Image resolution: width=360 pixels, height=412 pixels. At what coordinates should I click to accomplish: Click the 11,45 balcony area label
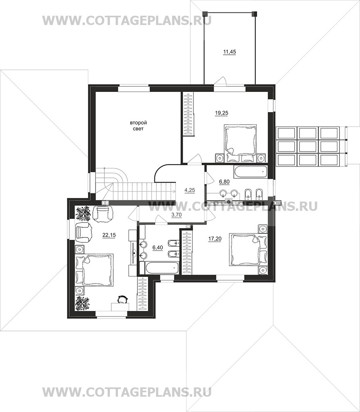pyautogui.click(x=229, y=52)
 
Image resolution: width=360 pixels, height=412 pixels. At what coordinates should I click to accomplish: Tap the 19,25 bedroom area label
pyautogui.click(x=221, y=113)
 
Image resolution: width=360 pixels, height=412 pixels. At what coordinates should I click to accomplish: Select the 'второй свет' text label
pyautogui.click(x=138, y=126)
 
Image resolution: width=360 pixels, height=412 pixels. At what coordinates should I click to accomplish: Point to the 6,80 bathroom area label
pyautogui.click(x=224, y=181)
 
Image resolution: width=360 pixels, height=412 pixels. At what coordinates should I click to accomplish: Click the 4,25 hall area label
pyautogui.click(x=190, y=190)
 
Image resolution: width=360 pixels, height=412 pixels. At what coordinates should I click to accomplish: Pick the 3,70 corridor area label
pyautogui.click(x=176, y=215)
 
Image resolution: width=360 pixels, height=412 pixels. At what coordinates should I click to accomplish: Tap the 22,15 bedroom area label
pyautogui.click(x=109, y=235)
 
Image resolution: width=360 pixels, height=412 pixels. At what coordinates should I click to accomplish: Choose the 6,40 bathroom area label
pyautogui.click(x=158, y=247)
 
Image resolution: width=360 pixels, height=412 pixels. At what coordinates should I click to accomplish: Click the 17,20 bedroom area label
pyautogui.click(x=215, y=239)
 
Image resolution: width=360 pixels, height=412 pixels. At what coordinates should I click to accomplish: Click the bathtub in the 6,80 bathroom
pyautogui.click(x=250, y=171)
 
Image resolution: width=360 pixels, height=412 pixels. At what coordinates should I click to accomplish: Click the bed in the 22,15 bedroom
pyautogui.click(x=94, y=270)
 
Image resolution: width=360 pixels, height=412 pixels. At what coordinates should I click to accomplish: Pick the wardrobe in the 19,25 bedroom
pyautogui.click(x=188, y=114)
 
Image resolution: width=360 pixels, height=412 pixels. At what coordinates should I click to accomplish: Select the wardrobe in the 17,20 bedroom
pyautogui.click(x=187, y=252)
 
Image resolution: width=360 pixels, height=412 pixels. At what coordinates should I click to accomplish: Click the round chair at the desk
pyautogui.click(x=122, y=299)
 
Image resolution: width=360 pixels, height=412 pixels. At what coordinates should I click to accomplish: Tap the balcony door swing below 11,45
pyautogui.click(x=221, y=80)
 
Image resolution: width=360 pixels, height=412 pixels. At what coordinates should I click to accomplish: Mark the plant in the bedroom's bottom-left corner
pyautogui.click(x=83, y=303)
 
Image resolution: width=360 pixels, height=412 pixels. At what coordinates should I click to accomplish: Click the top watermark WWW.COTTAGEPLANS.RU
pyautogui.click(x=127, y=21)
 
